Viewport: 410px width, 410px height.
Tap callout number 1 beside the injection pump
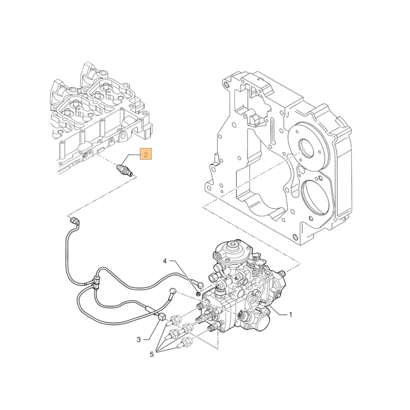[291, 315]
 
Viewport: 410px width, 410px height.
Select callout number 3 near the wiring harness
[139, 339]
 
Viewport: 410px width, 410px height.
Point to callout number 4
[165, 261]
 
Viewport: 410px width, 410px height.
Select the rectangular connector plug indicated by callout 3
[161, 316]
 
